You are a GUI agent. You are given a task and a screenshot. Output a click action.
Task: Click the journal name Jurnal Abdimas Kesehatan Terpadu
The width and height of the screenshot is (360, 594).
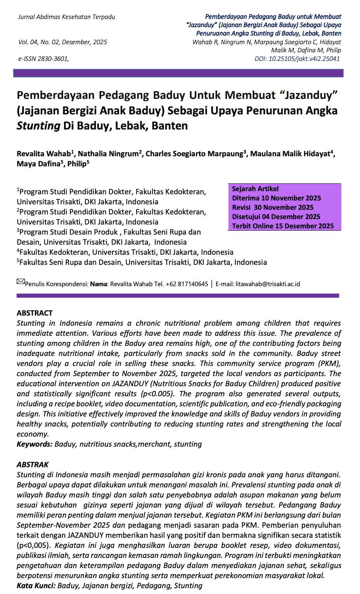click(x=66, y=17)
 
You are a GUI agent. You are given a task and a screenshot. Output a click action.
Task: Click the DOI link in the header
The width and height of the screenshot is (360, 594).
click(x=297, y=59)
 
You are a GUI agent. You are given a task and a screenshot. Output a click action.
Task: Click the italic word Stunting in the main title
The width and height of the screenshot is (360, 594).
click(x=38, y=126)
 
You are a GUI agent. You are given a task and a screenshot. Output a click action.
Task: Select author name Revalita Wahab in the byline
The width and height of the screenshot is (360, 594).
click(x=44, y=154)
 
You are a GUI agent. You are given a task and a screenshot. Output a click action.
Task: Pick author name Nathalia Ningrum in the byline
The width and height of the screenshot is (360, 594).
click(x=108, y=154)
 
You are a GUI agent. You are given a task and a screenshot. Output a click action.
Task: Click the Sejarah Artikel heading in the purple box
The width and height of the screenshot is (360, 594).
click(x=255, y=189)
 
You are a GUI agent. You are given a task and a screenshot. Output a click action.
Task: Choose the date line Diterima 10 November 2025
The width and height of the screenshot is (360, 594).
click(x=277, y=198)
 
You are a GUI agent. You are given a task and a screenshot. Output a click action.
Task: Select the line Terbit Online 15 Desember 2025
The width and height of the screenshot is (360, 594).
click(x=283, y=226)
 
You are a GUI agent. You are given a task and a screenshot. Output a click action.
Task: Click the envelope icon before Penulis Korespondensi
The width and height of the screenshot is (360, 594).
click(x=21, y=281)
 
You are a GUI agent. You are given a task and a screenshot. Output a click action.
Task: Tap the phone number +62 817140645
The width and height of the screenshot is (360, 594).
click(x=187, y=284)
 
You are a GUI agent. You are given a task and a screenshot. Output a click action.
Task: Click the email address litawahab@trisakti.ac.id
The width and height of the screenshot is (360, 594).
click(x=268, y=284)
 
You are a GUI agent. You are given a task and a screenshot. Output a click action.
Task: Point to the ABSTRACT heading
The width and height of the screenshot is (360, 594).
click(x=35, y=313)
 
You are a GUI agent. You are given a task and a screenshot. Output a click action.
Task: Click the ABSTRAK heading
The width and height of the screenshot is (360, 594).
click(x=33, y=464)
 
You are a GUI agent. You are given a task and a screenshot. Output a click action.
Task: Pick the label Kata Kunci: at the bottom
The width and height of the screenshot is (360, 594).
click(x=36, y=586)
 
